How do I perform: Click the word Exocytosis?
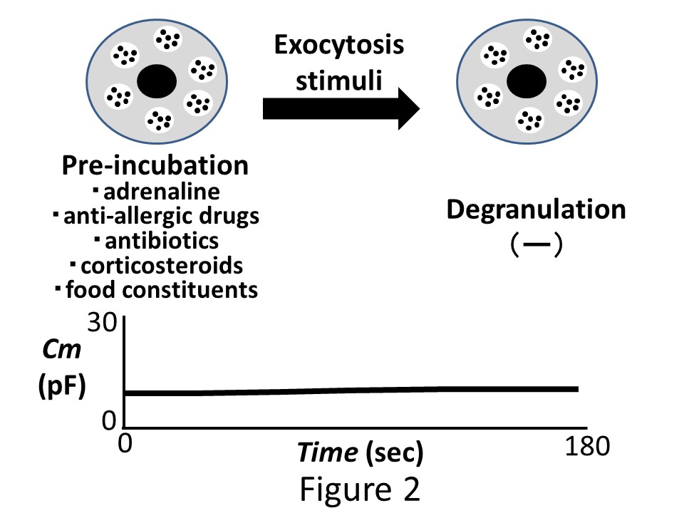tap(338, 46)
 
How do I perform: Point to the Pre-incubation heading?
tap(155, 166)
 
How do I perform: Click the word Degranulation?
tap(536, 209)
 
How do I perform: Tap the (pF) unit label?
tap(61, 388)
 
